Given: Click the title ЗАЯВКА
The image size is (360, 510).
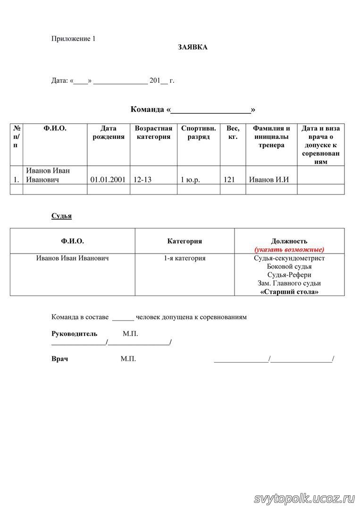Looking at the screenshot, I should click(193, 47).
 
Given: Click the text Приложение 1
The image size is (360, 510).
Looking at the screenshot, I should click(73, 39).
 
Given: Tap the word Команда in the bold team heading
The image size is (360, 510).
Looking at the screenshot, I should click(148, 110).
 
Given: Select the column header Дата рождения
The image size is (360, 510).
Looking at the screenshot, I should click(109, 133).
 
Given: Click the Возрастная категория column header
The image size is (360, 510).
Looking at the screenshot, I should click(153, 133).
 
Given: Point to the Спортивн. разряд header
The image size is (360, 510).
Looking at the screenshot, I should click(199, 133).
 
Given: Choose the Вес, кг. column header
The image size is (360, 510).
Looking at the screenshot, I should click(233, 133).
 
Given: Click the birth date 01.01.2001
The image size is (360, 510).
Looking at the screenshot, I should click(108, 179).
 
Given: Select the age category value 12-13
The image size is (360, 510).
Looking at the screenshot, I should click(142, 179).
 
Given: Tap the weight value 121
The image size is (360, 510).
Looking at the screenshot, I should click(229, 179).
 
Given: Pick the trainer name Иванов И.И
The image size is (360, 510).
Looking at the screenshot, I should click(269, 179).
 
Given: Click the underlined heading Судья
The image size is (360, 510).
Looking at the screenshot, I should click(61, 216).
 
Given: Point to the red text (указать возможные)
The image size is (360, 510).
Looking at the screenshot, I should click(289, 249).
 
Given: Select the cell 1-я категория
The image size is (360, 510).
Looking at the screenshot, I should click(184, 258).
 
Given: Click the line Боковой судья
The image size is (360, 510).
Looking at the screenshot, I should click(289, 266).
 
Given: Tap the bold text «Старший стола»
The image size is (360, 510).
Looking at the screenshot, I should click(289, 292).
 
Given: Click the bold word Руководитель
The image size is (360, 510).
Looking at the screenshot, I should click(74, 334).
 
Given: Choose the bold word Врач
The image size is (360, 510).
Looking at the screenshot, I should click(59, 359).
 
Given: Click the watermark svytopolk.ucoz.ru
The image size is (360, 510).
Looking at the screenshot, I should click(304, 498).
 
